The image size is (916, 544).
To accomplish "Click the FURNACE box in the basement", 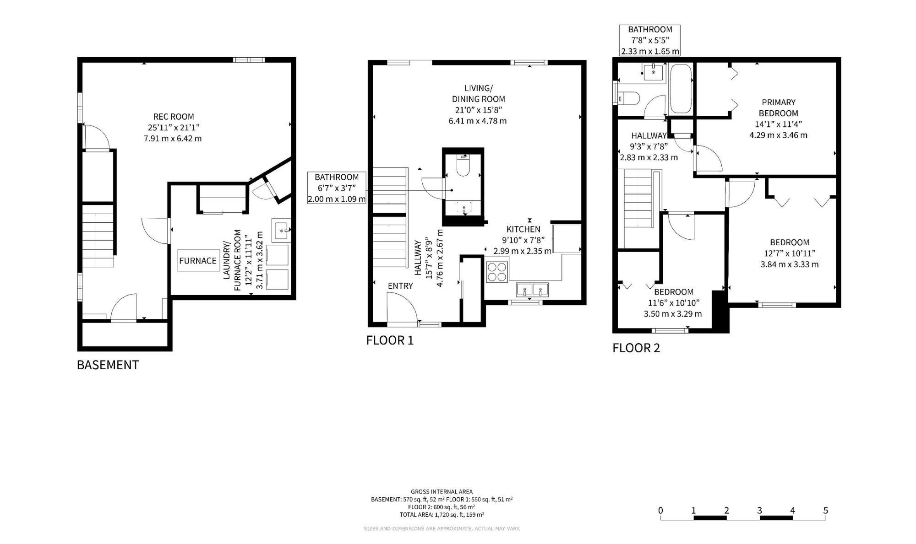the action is click(198, 261).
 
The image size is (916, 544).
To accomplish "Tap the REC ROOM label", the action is click(174, 117).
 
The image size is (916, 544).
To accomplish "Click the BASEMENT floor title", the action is click(108, 365).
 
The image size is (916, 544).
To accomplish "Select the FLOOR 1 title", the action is click(390, 340).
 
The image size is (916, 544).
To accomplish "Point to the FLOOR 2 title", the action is click(636, 348).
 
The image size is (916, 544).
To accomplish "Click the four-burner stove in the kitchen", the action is click(497, 271).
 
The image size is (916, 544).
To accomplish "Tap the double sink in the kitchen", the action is click(532, 290).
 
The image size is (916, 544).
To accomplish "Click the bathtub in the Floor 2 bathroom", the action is click(681, 89).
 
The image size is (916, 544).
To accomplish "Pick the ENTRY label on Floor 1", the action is click(400, 286).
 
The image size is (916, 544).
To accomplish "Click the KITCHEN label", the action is click(523, 229).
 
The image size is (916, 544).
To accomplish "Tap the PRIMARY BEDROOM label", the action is click(779, 108).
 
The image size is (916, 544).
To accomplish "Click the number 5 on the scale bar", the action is click(826, 511).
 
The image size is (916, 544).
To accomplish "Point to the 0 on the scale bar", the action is click(660, 511).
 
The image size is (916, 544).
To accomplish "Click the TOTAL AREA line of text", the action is click(442, 515).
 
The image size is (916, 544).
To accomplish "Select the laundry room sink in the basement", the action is click(281, 231).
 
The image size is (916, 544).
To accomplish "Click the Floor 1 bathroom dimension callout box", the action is click(337, 188).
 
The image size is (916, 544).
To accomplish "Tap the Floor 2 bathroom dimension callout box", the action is click(650, 40).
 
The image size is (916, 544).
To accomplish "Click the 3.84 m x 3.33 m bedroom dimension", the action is click(790, 264).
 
